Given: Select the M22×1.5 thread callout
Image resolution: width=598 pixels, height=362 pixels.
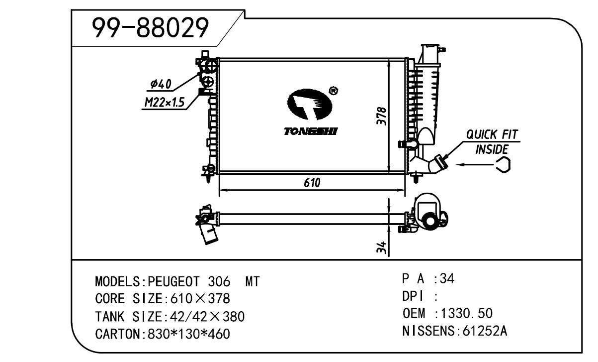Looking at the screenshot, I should point(164,103).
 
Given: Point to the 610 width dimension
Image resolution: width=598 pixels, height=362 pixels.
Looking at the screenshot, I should point(312,183).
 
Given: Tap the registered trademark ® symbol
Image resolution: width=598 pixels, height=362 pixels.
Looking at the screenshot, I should point(334,91).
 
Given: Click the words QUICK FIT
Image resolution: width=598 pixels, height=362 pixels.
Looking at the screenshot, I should point(491,134).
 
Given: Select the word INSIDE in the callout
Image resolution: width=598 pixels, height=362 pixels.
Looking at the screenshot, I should point(492,149).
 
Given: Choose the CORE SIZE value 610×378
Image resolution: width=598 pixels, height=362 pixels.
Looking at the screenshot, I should point(200,299).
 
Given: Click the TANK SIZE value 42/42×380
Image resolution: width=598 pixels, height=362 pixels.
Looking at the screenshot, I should point(207,317).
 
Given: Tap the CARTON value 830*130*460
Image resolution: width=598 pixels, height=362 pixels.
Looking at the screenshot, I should point(188,334).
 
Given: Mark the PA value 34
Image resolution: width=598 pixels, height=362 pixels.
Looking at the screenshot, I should point(448,279).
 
